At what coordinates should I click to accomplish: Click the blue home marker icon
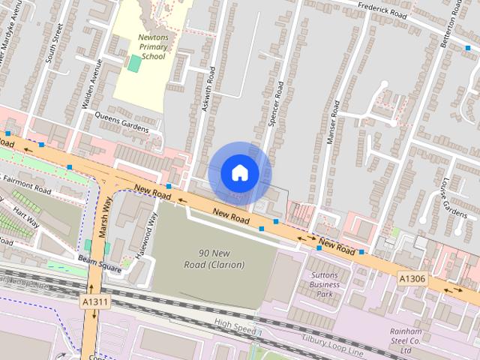pyautogui.click(x=239, y=173)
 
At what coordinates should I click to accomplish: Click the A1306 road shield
pyautogui.click(x=412, y=278)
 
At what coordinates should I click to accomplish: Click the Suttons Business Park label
pyautogui.click(x=324, y=284)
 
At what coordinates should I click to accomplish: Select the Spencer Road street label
pyautogui.click(x=276, y=104)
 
